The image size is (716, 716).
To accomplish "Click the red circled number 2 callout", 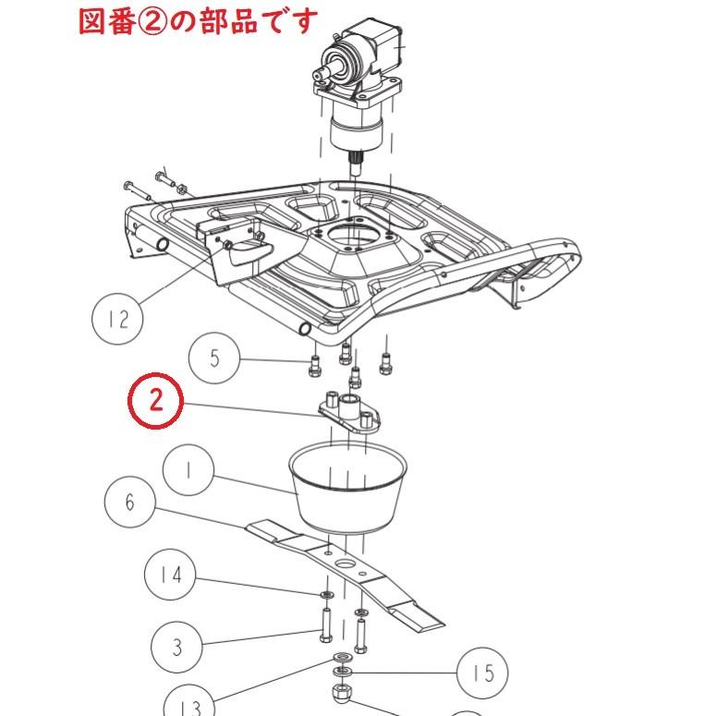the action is (x=155, y=400).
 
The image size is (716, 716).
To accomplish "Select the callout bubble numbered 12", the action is (x=117, y=319).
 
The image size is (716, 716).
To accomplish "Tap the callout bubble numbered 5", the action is (x=214, y=358).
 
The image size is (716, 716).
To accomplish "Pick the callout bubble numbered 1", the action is (x=188, y=470).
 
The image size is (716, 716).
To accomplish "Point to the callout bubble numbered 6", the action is (x=130, y=502).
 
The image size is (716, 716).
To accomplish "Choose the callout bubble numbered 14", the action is (x=170, y=575).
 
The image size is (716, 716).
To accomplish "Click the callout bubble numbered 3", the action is (x=176, y=647).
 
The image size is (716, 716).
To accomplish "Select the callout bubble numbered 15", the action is (x=482, y=673).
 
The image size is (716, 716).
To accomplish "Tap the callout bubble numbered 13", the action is (x=189, y=706).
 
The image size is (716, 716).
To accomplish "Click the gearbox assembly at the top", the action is (x=358, y=91).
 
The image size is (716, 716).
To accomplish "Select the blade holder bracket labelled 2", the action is (x=350, y=412).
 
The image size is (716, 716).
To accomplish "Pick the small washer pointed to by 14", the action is (x=326, y=595).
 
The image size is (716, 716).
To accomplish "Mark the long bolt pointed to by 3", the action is (x=326, y=625).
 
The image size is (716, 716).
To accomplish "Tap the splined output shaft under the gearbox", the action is (x=355, y=164).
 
